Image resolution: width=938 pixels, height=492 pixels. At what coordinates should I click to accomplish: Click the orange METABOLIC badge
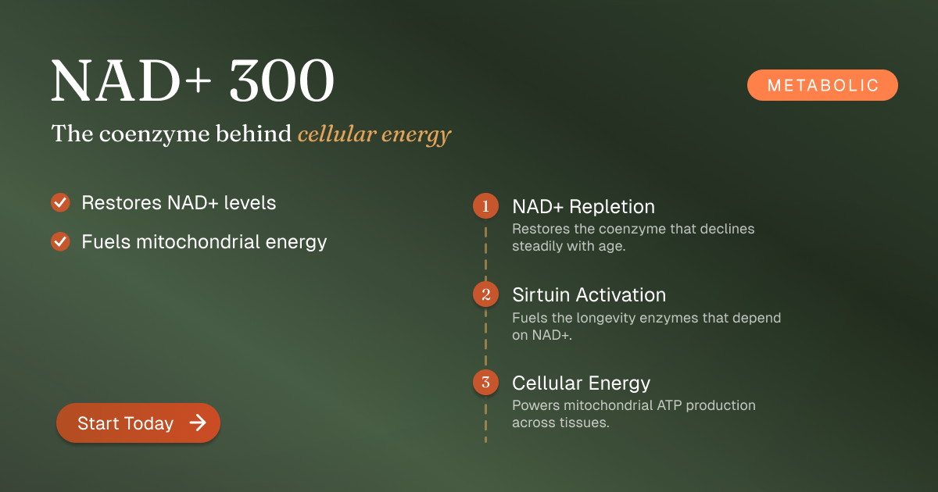pyautogui.click(x=822, y=85)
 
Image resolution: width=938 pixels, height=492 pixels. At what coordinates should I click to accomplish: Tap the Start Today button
pyautogui.click(x=138, y=422)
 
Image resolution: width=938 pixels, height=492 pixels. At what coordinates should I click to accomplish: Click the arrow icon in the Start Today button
pyautogui.click(x=198, y=422)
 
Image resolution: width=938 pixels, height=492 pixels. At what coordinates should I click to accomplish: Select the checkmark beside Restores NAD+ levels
pyautogui.click(x=60, y=202)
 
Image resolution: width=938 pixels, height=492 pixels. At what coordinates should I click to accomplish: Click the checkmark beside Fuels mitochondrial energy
pyautogui.click(x=60, y=241)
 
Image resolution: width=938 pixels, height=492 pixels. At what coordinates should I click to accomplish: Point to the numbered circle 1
pyautogui.click(x=485, y=206)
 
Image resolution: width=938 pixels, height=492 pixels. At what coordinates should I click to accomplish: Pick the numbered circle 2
pyautogui.click(x=485, y=294)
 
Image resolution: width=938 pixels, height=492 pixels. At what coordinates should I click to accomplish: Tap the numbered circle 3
pyautogui.click(x=485, y=382)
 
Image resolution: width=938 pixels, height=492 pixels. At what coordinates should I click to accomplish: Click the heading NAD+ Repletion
pyautogui.click(x=583, y=206)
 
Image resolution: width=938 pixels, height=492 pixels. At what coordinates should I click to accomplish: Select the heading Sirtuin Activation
pyautogui.click(x=589, y=294)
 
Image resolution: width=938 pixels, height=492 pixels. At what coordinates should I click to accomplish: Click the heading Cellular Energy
pyautogui.click(x=582, y=383)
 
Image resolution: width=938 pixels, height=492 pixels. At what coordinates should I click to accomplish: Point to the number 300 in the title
pyautogui.click(x=282, y=80)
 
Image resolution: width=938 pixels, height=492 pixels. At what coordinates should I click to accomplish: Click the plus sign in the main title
pyautogui.click(x=198, y=80)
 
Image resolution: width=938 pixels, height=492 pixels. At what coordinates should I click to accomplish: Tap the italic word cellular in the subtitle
pyautogui.click(x=337, y=134)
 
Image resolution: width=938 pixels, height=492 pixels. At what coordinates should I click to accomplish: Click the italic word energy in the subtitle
pyautogui.click(x=416, y=136)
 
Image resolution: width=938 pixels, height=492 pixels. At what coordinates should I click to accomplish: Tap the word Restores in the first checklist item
pyautogui.click(x=121, y=202)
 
